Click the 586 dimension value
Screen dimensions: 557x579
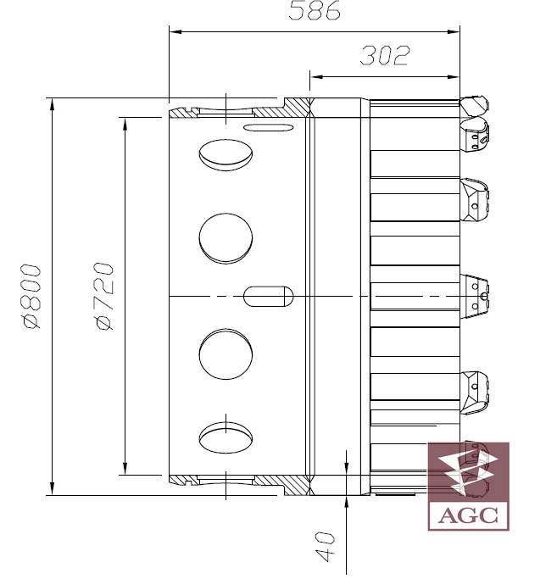[x=314, y=10]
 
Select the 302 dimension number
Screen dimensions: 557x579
[x=385, y=55]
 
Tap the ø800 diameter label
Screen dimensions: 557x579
[x=31, y=296]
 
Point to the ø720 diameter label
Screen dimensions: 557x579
[x=103, y=296]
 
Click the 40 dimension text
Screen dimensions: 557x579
[x=325, y=547]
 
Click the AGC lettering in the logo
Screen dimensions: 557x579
[x=468, y=515]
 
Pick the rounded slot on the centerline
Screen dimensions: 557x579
[x=269, y=296]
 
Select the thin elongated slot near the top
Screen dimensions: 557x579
[x=269, y=128]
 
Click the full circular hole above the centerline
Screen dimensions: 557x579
[x=226, y=238]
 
